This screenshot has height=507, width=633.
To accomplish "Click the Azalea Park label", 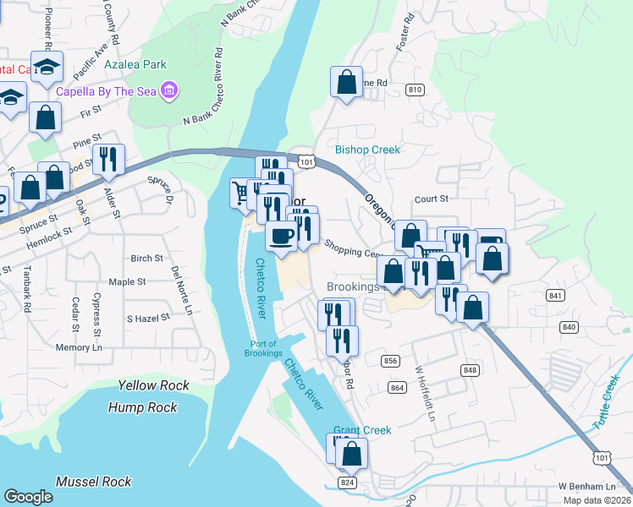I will click(x=135, y=63).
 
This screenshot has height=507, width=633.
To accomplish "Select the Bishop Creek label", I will click(x=366, y=150).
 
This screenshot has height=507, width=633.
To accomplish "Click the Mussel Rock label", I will click(x=93, y=482).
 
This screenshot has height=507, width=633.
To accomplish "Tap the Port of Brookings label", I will click(x=266, y=348).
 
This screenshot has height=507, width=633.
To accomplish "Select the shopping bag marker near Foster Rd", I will click(x=346, y=82).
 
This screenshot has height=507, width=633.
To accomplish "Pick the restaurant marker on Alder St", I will click(x=109, y=159).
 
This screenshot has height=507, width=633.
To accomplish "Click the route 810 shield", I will click(x=415, y=90).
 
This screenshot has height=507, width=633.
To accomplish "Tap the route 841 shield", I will click(x=555, y=295).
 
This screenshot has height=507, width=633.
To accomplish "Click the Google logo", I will click(x=28, y=497).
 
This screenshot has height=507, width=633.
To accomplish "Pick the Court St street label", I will click(x=431, y=199).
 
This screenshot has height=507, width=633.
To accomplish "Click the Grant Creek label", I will click(x=362, y=430).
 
